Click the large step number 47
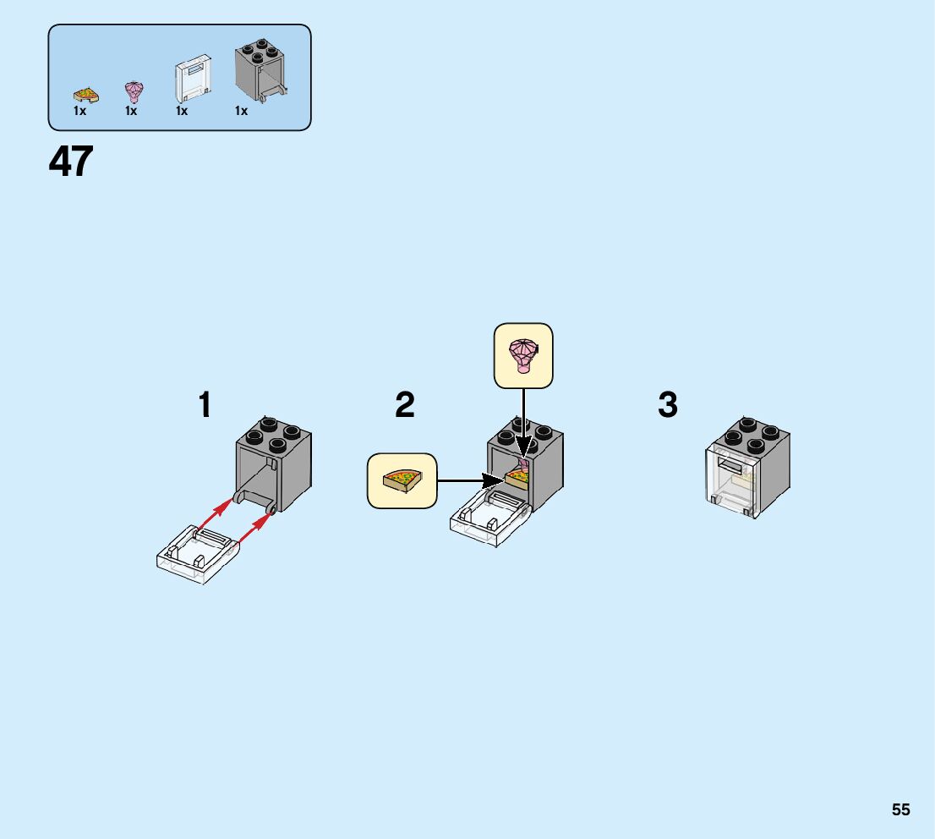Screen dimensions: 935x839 (x=71, y=162)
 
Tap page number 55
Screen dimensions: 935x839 (x=900, y=809)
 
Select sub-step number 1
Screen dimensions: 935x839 (x=205, y=405)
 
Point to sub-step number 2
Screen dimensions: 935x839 (x=405, y=405)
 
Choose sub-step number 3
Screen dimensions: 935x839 (x=668, y=405)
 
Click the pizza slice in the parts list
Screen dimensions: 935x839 (x=84, y=93)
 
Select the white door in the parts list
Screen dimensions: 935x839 (x=192, y=80)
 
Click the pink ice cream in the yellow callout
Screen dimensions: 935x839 (x=522, y=355)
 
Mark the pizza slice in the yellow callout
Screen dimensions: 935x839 (x=402, y=480)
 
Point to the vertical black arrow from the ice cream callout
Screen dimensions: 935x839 (x=524, y=423)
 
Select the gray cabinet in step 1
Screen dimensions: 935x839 (x=273, y=465)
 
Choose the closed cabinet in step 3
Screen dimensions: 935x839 (x=748, y=469)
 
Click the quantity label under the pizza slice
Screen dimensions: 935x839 (x=79, y=111)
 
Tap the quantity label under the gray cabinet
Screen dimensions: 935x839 (x=242, y=111)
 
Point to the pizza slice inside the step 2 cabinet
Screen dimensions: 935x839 (x=516, y=479)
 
